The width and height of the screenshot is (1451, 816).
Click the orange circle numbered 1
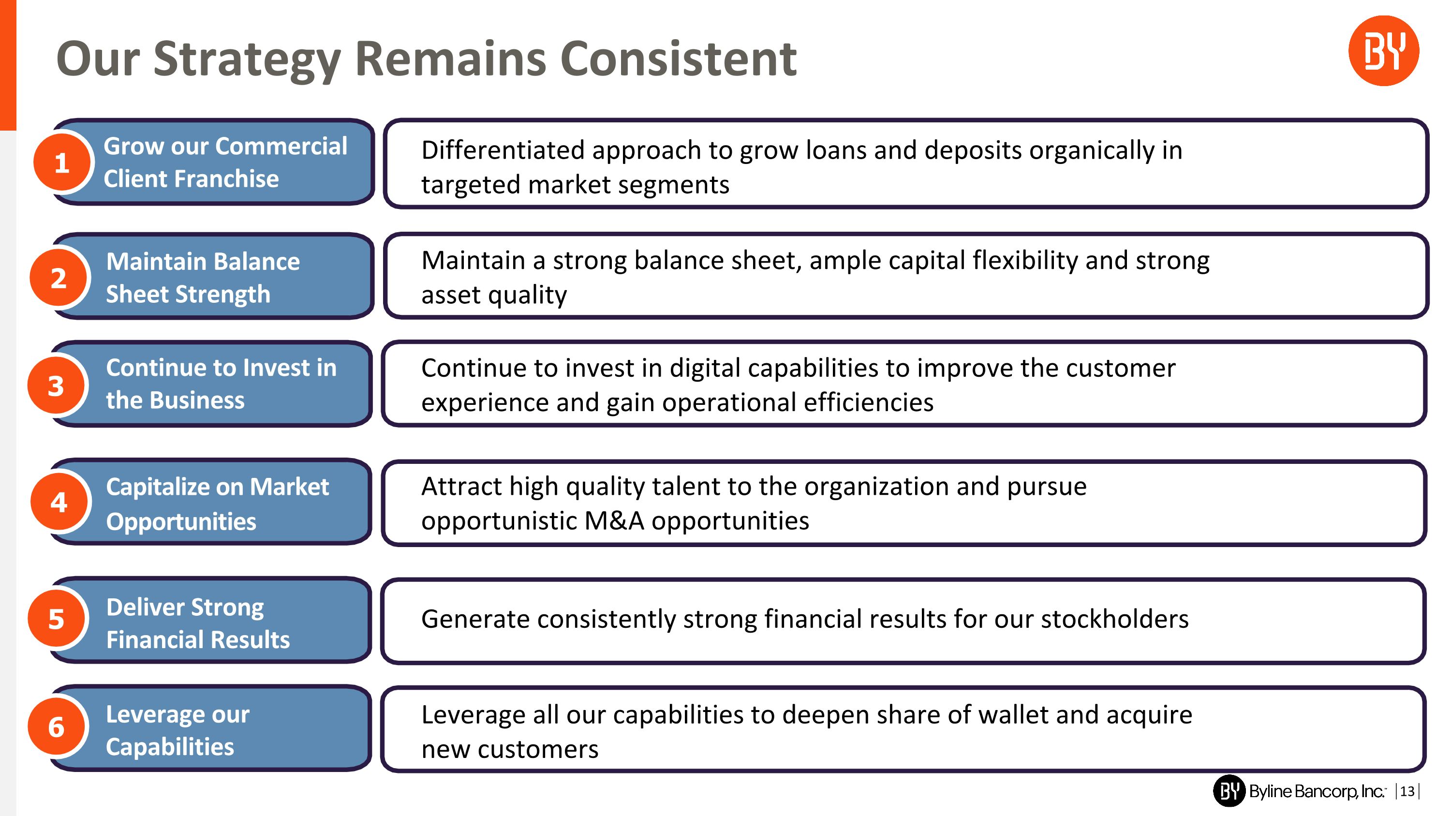click(61, 162)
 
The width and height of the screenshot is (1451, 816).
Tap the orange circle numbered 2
click(59, 278)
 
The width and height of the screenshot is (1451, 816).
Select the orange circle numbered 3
click(56, 386)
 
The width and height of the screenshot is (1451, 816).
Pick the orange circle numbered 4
click(59, 502)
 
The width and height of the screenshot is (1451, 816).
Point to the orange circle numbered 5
click(56, 618)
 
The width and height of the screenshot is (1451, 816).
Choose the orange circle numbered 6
click(56, 727)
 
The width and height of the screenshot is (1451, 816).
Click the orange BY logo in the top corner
click(1383, 51)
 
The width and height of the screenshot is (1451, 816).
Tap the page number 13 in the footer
click(1407, 791)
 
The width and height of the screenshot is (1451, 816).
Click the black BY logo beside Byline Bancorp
click(1229, 791)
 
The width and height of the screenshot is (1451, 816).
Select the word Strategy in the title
click(247, 59)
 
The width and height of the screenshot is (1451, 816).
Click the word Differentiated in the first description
click(503, 150)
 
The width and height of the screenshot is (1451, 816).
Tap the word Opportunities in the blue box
click(181, 521)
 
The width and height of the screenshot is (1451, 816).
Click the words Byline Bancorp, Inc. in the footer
click(1317, 791)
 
